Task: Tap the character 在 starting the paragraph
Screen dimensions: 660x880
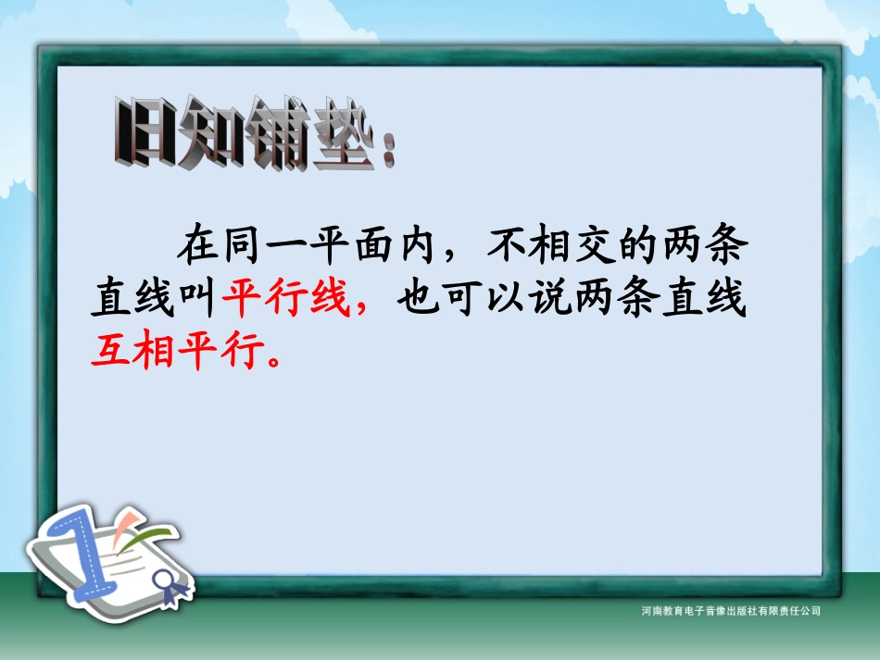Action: click(x=202, y=248)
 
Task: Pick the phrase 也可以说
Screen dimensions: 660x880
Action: click(x=481, y=299)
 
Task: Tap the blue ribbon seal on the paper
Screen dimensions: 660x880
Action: click(x=169, y=583)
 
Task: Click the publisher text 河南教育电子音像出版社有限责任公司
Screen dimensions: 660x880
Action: click(x=730, y=611)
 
